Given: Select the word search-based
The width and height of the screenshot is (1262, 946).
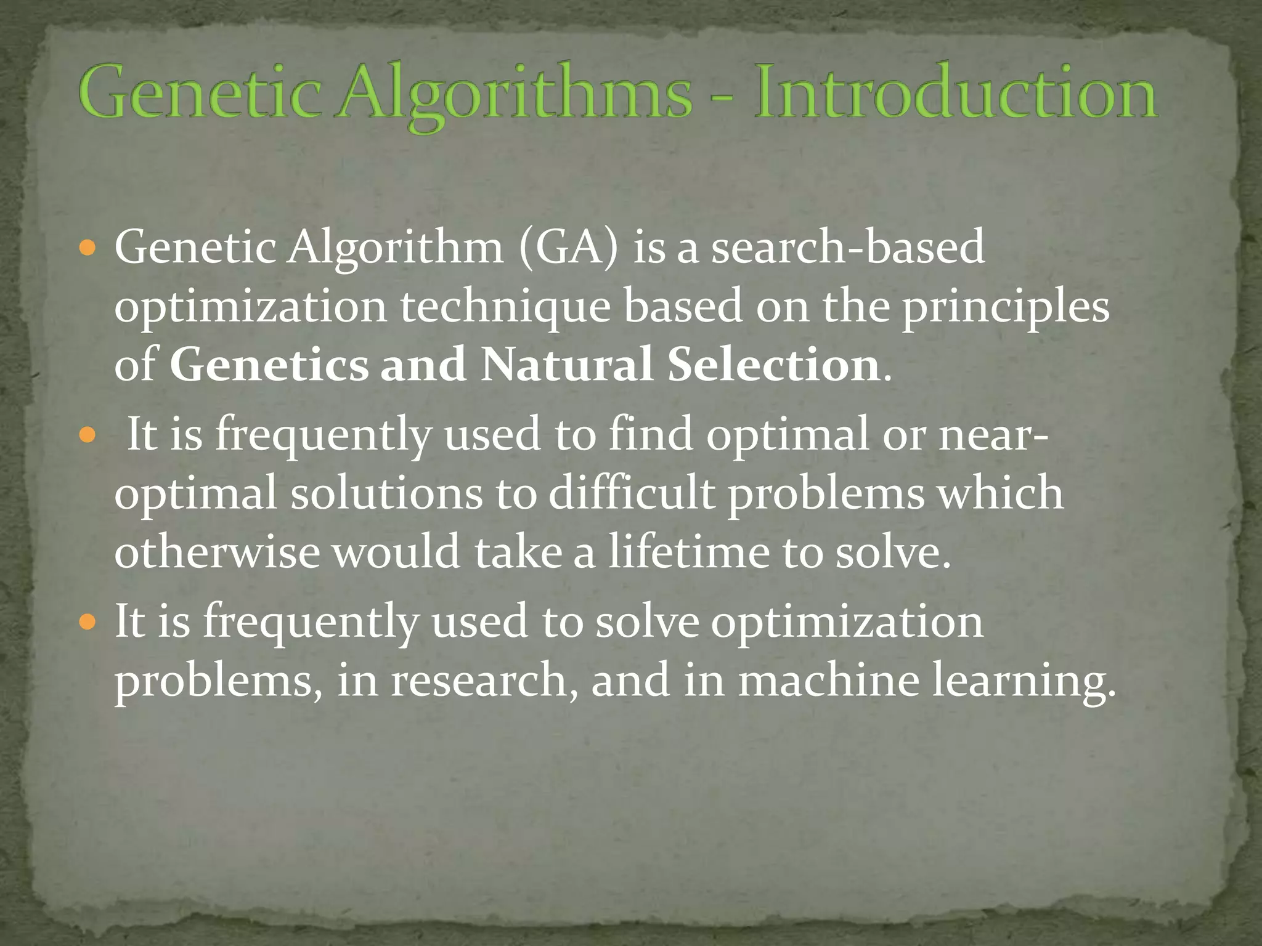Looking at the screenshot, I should (x=848, y=247).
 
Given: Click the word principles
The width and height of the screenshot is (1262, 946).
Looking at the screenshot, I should (x=1006, y=308).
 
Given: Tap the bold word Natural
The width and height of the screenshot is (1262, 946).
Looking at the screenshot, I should (x=566, y=365).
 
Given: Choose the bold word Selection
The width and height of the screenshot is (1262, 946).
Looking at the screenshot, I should (x=773, y=365).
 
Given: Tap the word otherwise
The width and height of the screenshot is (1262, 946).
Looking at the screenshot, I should (x=217, y=552).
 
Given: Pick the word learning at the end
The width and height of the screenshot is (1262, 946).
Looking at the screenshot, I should (x=1023, y=682).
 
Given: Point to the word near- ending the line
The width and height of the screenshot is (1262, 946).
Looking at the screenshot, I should (x=993, y=435).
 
